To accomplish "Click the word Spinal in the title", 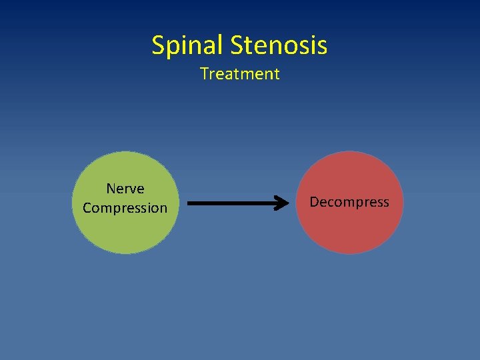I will click(x=188, y=45).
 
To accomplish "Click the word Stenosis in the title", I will click(x=279, y=45).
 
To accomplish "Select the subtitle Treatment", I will click(x=240, y=74).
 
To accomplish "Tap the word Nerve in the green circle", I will click(x=125, y=189).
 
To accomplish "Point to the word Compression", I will click(x=125, y=208).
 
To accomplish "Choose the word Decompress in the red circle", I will click(x=349, y=202).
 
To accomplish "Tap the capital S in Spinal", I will click(x=159, y=45).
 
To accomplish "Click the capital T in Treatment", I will click(x=204, y=74).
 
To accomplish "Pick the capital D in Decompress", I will click(x=314, y=202).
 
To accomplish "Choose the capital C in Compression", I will click(x=87, y=208).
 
